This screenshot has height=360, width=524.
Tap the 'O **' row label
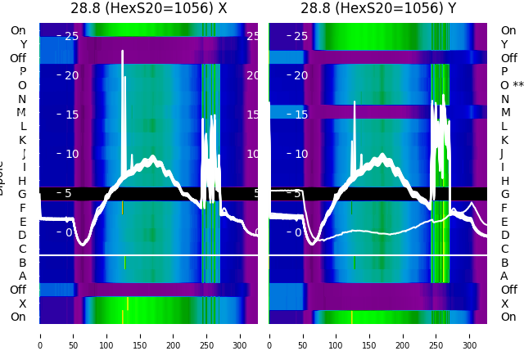coord(512,85)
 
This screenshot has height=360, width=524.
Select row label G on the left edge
coord(22,195)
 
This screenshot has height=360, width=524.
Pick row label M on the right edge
coord(505,113)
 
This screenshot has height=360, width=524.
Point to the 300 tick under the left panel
coord(241,335)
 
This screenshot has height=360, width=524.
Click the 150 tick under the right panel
coord(370,335)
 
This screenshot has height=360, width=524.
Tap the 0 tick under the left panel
coord(40,335)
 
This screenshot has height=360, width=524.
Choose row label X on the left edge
coord(23,304)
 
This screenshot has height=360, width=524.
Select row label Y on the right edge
coord(504,44)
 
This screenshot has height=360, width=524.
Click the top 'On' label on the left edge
coord(18,30)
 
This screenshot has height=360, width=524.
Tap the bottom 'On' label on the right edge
coord(508,317)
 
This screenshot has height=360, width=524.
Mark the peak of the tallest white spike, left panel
coord(122,52)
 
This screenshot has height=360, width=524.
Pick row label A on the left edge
coord(22,277)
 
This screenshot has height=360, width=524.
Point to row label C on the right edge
coord(504,249)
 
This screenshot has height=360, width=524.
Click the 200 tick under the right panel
coord(404,335)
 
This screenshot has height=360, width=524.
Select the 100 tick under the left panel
coord(107,335)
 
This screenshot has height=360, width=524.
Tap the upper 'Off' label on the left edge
coord(18,58)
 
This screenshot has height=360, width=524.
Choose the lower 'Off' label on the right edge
coord(508,290)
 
